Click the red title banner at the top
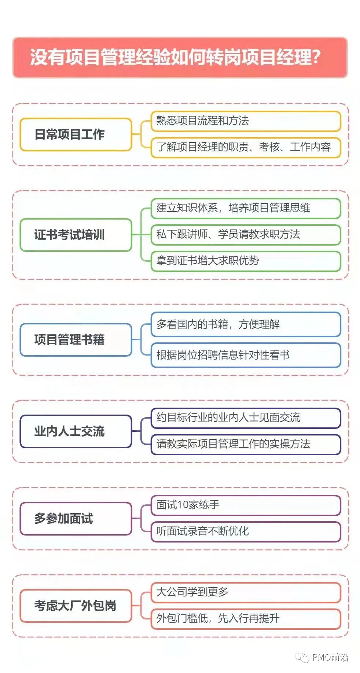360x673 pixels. click(180, 57)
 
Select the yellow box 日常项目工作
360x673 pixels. click(76, 135)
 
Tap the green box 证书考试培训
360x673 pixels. click(76, 235)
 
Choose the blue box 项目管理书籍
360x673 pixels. click(76, 340)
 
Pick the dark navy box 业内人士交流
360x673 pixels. click(76, 431)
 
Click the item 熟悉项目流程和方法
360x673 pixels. click(246, 121)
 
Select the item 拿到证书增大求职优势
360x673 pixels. click(246, 261)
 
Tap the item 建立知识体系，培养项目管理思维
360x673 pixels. click(246, 208)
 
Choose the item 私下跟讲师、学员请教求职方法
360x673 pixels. click(246, 235)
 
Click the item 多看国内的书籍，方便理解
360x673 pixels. click(246, 324)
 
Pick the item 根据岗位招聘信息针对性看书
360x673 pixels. click(246, 355)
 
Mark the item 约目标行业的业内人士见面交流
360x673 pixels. click(246, 418)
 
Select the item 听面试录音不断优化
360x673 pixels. click(246, 532)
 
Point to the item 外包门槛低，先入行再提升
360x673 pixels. click(246, 619)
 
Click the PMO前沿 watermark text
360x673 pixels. click(330, 657)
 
